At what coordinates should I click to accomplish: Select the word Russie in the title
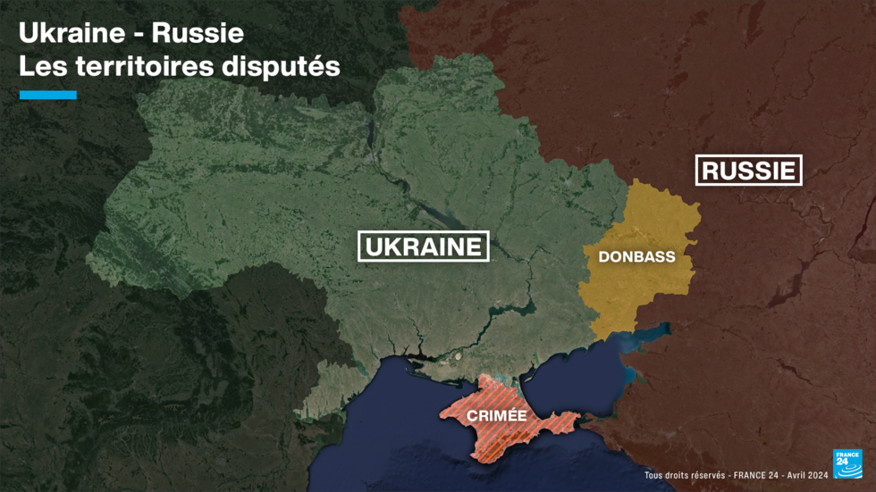(198, 34)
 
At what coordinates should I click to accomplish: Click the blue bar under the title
(48, 95)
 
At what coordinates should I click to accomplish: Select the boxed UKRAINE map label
(423, 246)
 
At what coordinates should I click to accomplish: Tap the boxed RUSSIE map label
(748, 170)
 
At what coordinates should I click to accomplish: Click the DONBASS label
(636, 257)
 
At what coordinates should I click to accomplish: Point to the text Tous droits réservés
(684, 476)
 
